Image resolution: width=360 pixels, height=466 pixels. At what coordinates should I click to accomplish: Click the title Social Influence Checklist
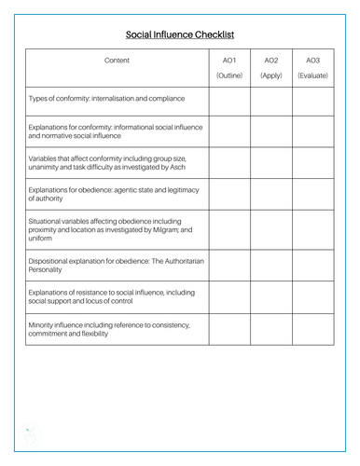coord(180,34)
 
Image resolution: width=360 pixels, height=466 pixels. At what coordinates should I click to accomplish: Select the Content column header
coord(117,61)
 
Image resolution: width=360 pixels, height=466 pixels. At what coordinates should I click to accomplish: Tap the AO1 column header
coord(229,61)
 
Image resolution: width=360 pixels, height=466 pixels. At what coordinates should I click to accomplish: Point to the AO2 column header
coord(271,61)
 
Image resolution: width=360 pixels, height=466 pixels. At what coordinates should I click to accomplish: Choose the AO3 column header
coord(312,61)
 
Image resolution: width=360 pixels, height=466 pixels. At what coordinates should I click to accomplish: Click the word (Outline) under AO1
coord(229,75)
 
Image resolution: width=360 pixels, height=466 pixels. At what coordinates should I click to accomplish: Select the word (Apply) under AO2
coord(271,75)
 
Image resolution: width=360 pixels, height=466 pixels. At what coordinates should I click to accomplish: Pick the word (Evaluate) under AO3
coord(312,75)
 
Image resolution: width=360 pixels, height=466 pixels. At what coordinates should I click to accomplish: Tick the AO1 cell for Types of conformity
coord(229,98)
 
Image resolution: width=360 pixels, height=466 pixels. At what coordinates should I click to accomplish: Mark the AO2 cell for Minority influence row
coord(271,329)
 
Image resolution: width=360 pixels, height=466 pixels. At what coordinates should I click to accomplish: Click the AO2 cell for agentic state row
coord(271,195)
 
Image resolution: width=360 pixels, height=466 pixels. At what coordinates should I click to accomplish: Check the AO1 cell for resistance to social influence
coord(229,297)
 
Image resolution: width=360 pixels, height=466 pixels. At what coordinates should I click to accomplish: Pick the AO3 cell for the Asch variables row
coord(312,162)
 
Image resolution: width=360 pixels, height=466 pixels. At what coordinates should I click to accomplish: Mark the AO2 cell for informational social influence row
coord(271,130)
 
